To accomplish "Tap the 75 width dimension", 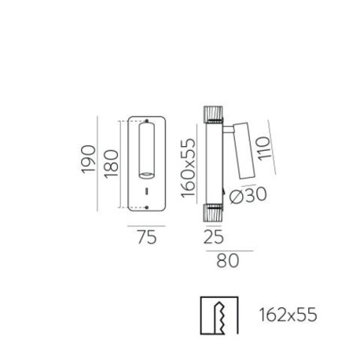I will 145,236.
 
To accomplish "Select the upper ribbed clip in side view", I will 212,114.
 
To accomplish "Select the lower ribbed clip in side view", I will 212,213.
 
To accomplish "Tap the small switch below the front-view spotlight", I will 145,191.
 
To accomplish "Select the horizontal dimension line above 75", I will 145,226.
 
